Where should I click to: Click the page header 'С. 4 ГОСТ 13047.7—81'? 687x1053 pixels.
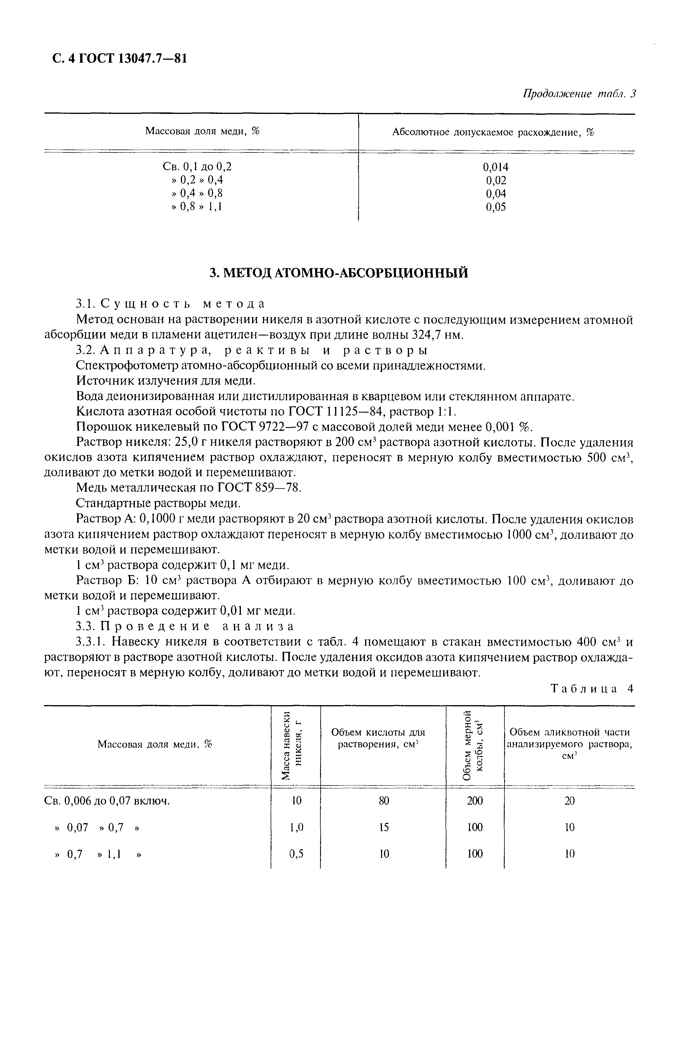pyautogui.click(x=119, y=58)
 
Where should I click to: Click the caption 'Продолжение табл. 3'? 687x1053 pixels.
pyautogui.click(x=579, y=94)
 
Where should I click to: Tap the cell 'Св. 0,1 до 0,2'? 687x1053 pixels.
pyautogui.click(x=197, y=166)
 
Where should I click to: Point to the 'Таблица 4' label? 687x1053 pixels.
pyautogui.click(x=592, y=688)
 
